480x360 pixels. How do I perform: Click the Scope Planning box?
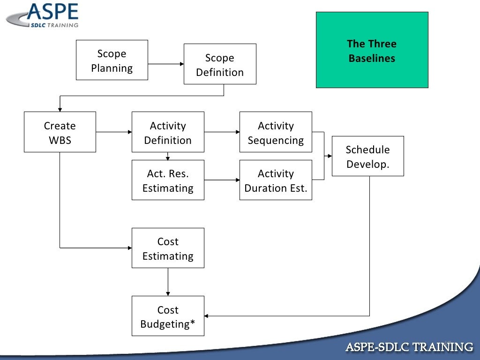point(112,60)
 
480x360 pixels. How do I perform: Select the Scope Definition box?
point(220,64)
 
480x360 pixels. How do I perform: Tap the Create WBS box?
point(60,132)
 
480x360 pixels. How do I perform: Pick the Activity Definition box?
point(168,132)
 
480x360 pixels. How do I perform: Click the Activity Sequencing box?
point(276,132)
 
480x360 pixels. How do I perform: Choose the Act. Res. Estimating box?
point(168,180)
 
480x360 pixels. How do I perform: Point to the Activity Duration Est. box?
point(276,180)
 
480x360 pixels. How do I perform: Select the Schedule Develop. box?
point(367,156)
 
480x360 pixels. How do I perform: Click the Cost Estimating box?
point(168,248)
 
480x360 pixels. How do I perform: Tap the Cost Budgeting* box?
point(168,316)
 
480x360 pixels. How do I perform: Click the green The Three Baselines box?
point(372,50)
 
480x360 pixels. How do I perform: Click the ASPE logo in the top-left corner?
point(45,15)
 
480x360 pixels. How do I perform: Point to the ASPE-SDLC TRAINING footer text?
point(409,347)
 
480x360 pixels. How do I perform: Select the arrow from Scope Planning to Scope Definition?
point(165,64)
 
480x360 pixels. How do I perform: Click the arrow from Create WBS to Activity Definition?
point(114,132)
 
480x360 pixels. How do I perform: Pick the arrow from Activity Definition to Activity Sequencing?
point(222,132)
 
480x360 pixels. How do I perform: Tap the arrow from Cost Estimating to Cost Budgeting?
point(168,282)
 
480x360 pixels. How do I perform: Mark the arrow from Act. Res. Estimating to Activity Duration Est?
point(222,180)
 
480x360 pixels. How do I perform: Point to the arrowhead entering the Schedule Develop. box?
point(329,156)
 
